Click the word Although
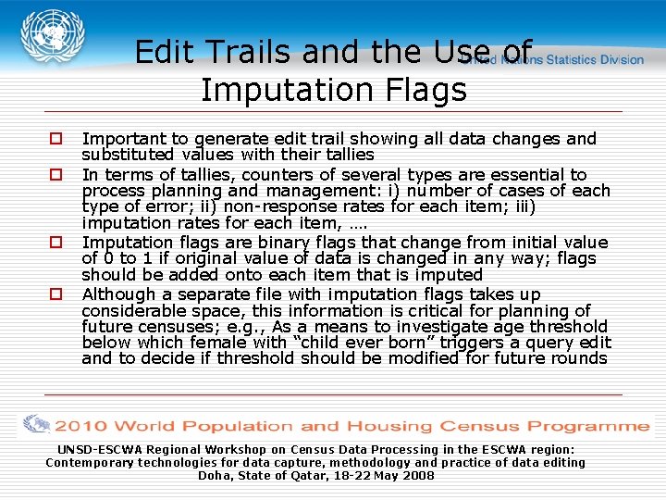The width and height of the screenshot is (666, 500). (118, 294)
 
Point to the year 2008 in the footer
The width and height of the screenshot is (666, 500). (417, 475)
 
